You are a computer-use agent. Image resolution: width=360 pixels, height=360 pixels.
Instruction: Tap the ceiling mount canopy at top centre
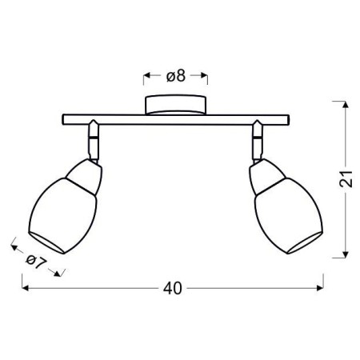[175, 106]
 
